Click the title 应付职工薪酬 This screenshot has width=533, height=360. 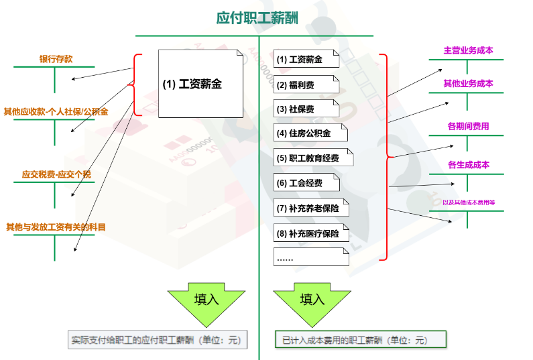click(x=257, y=17)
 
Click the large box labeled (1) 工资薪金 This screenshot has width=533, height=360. click(x=201, y=84)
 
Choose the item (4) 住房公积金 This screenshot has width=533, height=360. click(x=310, y=133)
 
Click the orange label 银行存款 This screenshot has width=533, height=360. click(x=56, y=60)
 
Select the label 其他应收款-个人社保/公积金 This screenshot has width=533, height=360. click(x=56, y=111)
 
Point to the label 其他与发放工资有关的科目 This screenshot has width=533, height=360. click(x=56, y=227)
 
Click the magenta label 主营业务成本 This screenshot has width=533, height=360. click(x=468, y=51)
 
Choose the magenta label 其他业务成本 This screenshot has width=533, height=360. click(x=468, y=84)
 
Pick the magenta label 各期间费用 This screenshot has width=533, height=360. click(x=468, y=126)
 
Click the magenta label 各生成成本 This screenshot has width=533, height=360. click(x=468, y=165)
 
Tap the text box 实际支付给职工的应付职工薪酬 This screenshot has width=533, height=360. click(x=158, y=340)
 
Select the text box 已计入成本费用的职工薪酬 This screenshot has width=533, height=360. click(x=361, y=340)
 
